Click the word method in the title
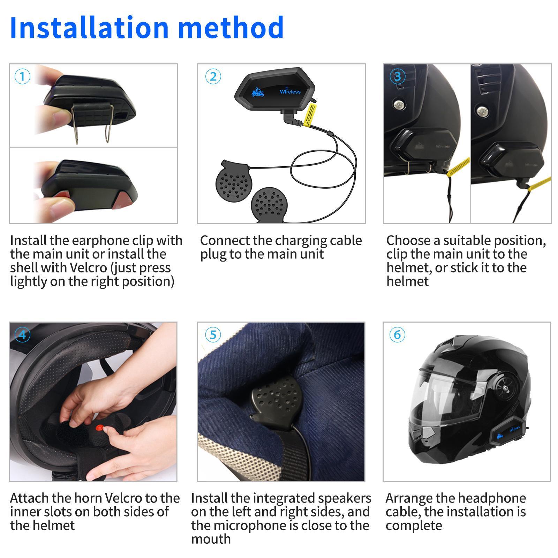(x=231, y=28)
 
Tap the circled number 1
(x=23, y=76)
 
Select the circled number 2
(x=213, y=76)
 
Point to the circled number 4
(x=23, y=335)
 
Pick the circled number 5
(x=213, y=335)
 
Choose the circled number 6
(x=397, y=335)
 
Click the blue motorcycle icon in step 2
(x=257, y=92)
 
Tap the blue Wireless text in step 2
(x=290, y=92)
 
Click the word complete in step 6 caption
(x=414, y=525)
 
